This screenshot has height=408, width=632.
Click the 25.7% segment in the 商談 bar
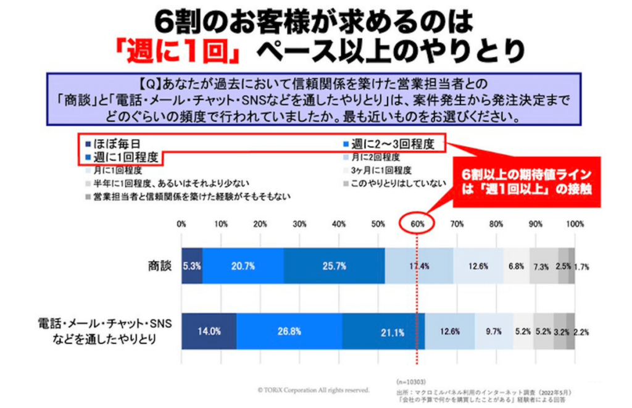334,266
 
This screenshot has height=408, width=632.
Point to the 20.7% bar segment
243,266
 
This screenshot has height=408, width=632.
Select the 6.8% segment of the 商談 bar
516,266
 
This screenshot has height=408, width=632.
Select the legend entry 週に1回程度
123,157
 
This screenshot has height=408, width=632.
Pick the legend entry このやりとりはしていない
388,183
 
